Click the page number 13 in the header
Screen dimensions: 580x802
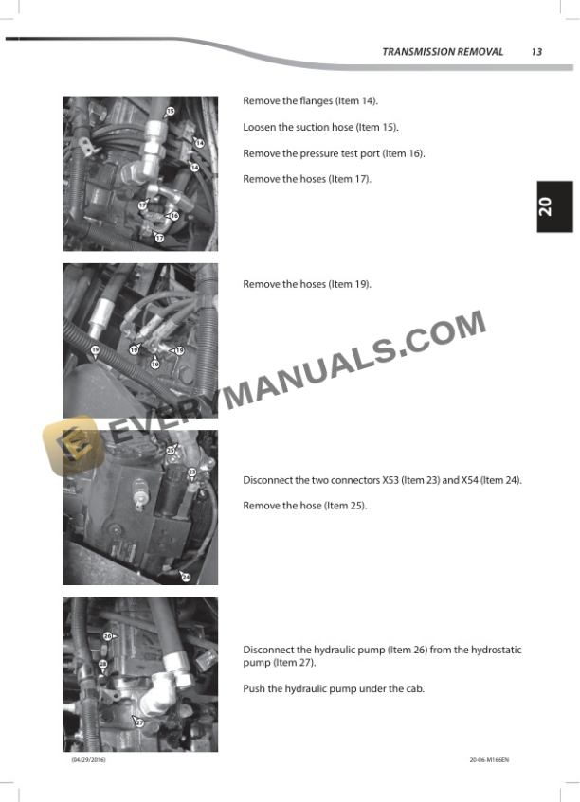536,52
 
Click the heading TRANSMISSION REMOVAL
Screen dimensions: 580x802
443,52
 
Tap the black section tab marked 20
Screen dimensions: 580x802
554,206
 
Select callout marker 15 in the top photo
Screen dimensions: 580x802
171,111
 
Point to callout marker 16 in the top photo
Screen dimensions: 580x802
174,216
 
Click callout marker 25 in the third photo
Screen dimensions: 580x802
171,450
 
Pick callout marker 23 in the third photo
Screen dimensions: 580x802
192,472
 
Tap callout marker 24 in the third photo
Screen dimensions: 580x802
186,577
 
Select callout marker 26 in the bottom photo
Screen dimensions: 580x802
107,636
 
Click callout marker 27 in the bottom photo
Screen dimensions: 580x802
139,722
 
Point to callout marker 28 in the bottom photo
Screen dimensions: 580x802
103,664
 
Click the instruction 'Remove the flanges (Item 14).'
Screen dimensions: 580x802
310,101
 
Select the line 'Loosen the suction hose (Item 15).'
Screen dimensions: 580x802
320,128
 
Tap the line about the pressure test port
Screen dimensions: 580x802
334,153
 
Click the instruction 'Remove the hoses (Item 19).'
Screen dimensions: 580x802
307,284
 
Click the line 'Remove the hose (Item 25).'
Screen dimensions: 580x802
305,506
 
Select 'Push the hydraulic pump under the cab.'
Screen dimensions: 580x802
334,689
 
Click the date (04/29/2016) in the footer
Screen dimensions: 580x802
88,760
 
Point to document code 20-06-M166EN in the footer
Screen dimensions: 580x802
489,760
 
